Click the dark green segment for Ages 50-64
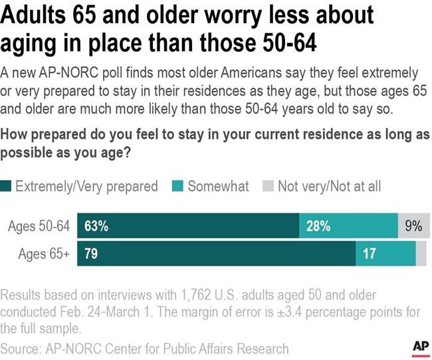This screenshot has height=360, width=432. click(x=188, y=226)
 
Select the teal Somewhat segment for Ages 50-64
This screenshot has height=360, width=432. click(x=348, y=226)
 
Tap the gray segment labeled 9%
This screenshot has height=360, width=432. click(x=413, y=226)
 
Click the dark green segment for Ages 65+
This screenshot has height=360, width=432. click(x=217, y=254)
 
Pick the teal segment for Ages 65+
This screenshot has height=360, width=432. click(x=385, y=254)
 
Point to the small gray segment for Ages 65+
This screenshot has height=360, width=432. click(x=421, y=254)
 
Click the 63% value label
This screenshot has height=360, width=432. click(x=96, y=226)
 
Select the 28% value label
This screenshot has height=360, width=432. click(x=318, y=226)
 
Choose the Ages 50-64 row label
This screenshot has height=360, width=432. click(x=39, y=226)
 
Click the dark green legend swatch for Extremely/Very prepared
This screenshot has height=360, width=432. click(x=7, y=186)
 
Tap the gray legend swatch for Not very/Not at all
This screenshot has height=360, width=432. click(x=269, y=186)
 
